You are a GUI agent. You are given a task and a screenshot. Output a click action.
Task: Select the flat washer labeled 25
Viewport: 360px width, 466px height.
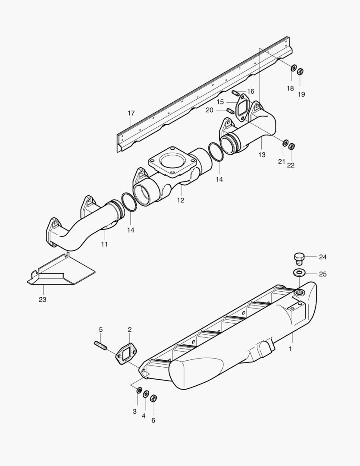coord(299,273)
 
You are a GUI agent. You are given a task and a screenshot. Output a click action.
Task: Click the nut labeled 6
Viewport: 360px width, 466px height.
coord(153,398)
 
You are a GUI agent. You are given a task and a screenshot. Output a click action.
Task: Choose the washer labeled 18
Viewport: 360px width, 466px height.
coord(293,68)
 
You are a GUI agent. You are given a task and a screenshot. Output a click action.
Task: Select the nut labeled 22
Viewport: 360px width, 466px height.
coord(291,146)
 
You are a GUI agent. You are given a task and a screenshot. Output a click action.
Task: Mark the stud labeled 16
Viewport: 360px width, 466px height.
coord(235,93)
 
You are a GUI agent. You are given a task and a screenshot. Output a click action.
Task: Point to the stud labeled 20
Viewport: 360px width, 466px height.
coord(230,111)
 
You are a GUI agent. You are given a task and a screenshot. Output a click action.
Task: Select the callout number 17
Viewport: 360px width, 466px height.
coord(131,113)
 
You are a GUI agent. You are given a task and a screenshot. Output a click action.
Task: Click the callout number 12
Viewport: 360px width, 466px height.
coord(180,200)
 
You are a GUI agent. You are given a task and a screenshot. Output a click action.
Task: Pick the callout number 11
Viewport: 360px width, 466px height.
coord(104,244)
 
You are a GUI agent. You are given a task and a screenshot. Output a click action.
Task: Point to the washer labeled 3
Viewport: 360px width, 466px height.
coord(139,390)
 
